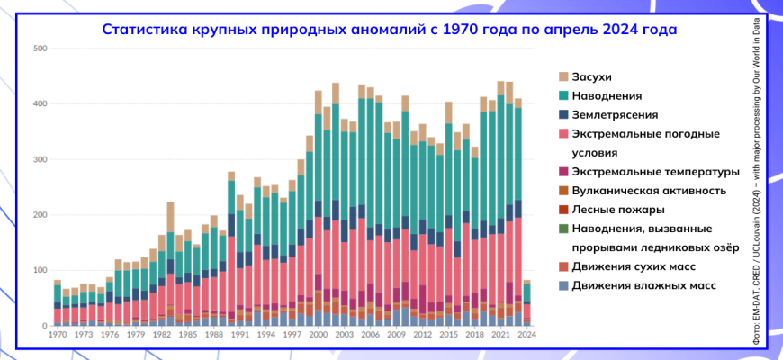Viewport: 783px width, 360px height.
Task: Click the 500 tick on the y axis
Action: [x=40, y=49]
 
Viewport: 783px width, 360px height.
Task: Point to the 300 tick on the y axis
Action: [x=40, y=159]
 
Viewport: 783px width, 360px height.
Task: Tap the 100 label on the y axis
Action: [x=40, y=271]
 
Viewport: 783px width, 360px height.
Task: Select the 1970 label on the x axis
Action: [x=57, y=334]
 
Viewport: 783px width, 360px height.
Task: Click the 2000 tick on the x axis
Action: [x=319, y=334]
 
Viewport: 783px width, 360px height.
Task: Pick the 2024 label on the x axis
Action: [x=527, y=334]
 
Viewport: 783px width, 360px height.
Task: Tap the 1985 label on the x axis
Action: [x=187, y=334]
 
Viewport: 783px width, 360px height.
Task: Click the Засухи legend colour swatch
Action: [x=563, y=76]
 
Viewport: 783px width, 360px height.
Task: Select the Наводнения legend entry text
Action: [x=607, y=95]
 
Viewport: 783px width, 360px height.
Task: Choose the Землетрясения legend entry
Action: [x=614, y=115]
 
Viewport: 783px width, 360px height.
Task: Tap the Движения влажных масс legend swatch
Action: [x=563, y=286]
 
